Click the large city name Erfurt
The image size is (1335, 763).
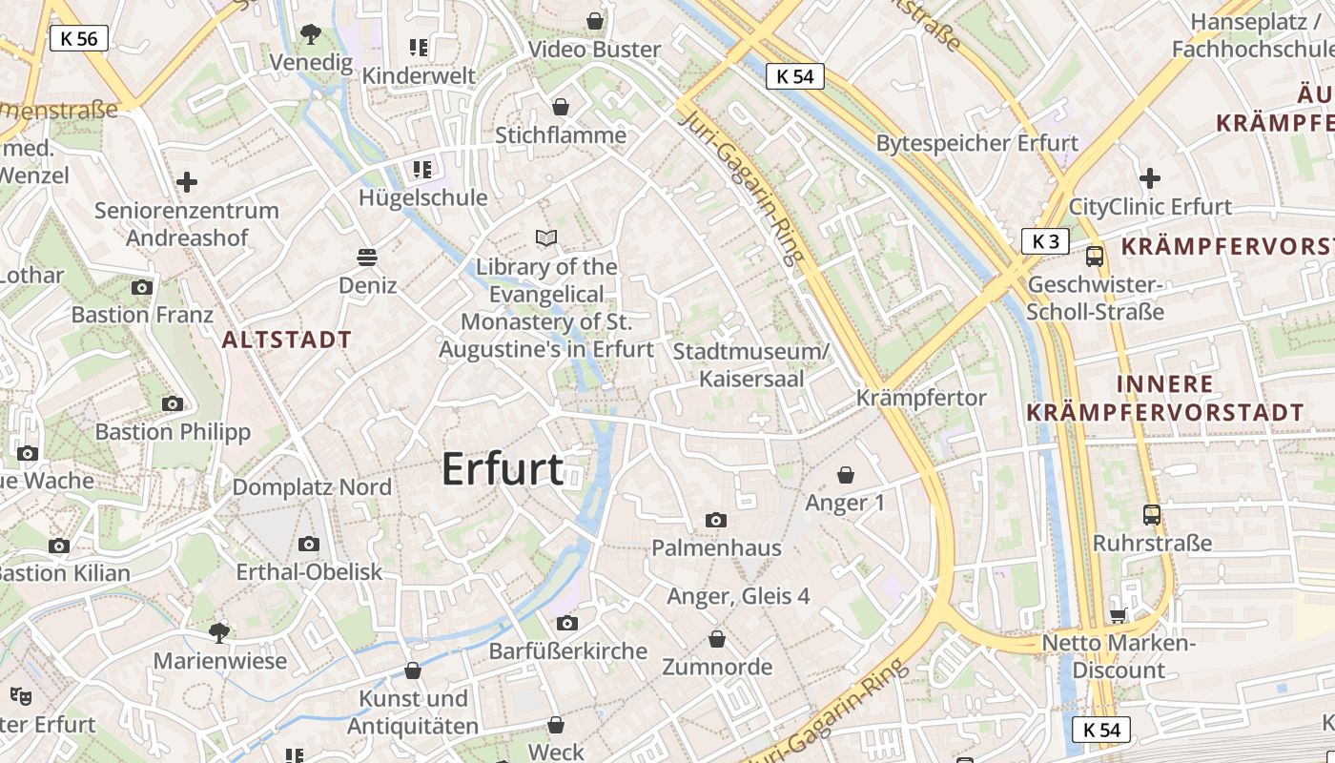[x=503, y=469]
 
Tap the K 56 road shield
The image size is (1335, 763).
[x=78, y=38]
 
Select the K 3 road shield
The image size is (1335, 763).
[x=1045, y=241]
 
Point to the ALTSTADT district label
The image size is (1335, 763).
[x=287, y=340]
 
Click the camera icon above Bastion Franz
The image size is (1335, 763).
[x=142, y=287]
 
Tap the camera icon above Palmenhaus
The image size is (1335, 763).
[x=715, y=520]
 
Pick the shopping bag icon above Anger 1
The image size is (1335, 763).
[x=845, y=475]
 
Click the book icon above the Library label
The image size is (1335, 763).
[x=546, y=237]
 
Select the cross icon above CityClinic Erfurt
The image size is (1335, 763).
[x=1150, y=178]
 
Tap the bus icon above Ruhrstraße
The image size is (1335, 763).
[x=1152, y=515]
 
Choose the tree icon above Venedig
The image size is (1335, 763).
[x=310, y=35]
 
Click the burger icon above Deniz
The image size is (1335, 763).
[x=367, y=257]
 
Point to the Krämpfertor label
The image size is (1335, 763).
[x=921, y=398]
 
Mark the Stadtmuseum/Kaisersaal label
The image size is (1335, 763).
[x=751, y=364]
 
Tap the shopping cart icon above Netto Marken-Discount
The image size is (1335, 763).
[x=1118, y=616]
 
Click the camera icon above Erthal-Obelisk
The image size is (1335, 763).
[x=308, y=544]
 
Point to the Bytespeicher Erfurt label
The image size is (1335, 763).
[x=977, y=143]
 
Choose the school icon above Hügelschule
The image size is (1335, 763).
[x=421, y=170]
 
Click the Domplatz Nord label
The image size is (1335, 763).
[x=312, y=487]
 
